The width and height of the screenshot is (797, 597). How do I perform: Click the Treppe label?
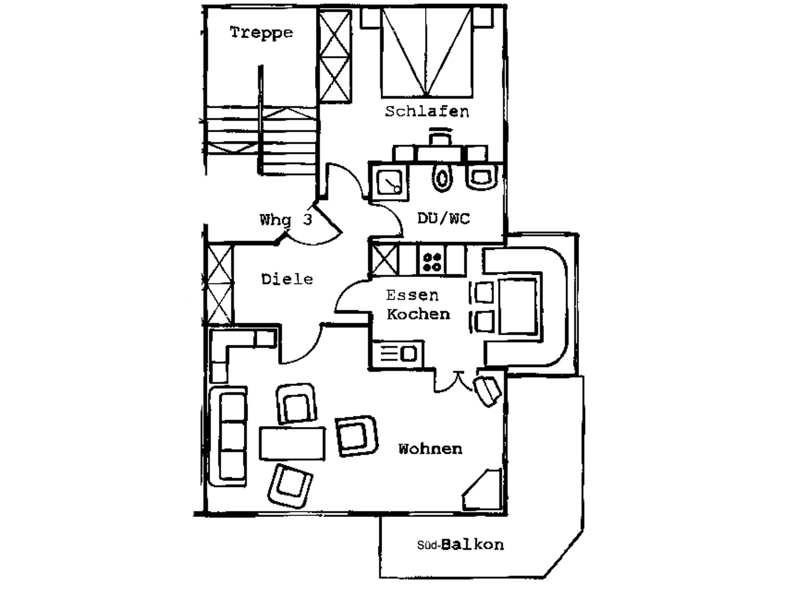261,33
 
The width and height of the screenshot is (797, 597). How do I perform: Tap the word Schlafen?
427,111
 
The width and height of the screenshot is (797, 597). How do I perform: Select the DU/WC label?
444,219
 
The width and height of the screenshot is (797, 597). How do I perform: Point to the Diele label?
287,279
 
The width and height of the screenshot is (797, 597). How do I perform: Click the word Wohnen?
430,449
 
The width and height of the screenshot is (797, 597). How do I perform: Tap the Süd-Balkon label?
461,545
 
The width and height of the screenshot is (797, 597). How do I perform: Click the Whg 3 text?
286,220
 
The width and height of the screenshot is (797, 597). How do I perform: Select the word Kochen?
418,314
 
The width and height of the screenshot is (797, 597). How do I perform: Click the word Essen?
412,296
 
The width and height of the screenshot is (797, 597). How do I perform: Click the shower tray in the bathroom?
389,182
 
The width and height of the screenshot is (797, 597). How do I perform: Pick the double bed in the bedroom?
427,52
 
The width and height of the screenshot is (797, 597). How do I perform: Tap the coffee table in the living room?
292,443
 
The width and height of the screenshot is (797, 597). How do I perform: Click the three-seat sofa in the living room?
228,436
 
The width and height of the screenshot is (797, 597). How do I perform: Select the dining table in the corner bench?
518,306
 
